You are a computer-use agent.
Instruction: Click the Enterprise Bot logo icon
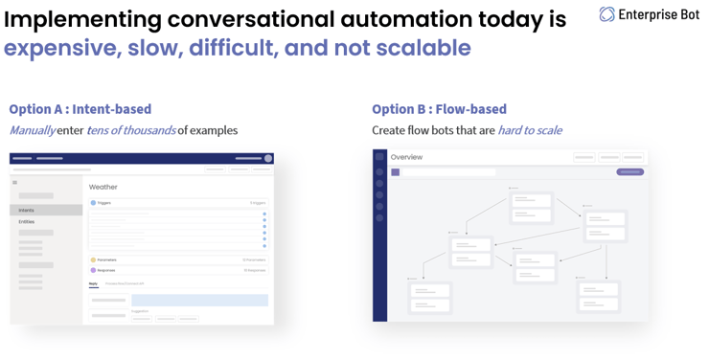click(x=607, y=14)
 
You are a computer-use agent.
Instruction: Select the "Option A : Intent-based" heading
click(x=80, y=109)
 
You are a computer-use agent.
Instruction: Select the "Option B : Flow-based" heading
click(x=439, y=109)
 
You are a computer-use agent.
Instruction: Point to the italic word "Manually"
click(x=32, y=130)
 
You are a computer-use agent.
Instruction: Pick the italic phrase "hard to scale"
click(x=530, y=130)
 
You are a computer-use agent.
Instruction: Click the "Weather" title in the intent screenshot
click(x=103, y=187)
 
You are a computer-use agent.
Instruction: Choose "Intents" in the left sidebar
click(x=28, y=210)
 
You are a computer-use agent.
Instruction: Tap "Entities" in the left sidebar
click(x=27, y=221)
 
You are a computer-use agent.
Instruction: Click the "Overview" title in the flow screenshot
click(x=406, y=157)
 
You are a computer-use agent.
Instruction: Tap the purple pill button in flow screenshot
click(x=629, y=172)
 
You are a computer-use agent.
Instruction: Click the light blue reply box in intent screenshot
click(x=199, y=300)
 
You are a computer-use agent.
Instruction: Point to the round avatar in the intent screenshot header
click(x=268, y=159)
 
